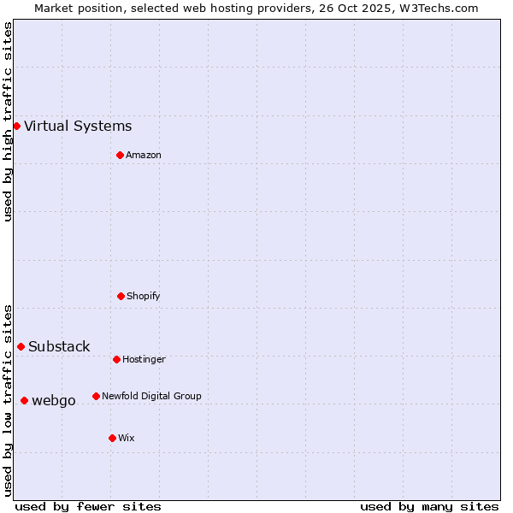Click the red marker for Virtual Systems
point(16,127)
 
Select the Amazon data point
point(120,155)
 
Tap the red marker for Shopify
point(121,296)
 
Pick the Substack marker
point(21,346)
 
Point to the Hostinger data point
point(116,359)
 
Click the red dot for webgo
point(24,400)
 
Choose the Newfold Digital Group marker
point(96,396)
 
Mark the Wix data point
point(112,438)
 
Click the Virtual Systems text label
point(78,127)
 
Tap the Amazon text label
point(144,155)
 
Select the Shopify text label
point(144,296)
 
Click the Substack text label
point(59,346)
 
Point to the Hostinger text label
point(144,359)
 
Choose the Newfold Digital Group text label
point(151,396)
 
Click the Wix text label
point(127,438)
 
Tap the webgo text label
point(54,400)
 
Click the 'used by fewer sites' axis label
point(88,506)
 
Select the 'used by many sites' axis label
point(429,506)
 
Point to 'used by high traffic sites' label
point(8,121)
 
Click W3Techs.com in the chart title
point(437,8)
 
